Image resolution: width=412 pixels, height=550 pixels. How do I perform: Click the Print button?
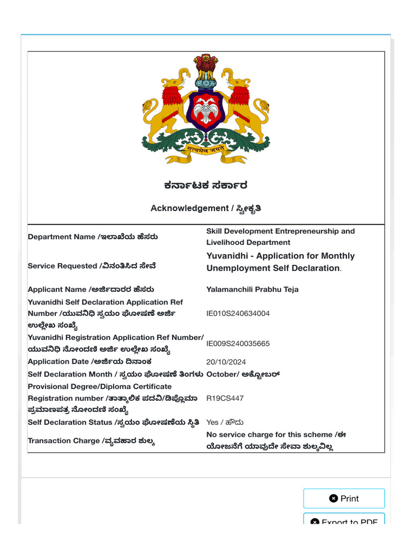point(344,498)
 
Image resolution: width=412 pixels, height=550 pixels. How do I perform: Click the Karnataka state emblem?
point(205,109)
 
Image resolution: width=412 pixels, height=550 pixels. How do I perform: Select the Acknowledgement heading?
point(206,208)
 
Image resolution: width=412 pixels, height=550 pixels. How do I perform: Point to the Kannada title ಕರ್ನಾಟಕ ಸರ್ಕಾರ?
point(206,186)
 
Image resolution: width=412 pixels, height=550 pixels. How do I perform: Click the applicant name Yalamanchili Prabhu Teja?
point(252,290)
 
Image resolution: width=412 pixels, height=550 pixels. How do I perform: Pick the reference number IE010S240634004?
point(238,313)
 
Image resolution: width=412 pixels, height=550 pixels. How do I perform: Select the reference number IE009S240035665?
point(238,344)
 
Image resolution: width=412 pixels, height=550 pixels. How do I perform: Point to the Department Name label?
point(93,237)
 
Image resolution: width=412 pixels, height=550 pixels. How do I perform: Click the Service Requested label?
point(92,266)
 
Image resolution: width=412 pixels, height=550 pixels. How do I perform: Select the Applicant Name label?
point(92,290)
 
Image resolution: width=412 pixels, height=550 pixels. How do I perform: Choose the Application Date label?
point(90,362)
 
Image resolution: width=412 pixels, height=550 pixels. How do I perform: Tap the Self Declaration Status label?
point(114,423)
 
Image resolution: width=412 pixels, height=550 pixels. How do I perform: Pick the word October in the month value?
point(222,374)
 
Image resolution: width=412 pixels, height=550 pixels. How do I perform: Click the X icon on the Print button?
point(333,498)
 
